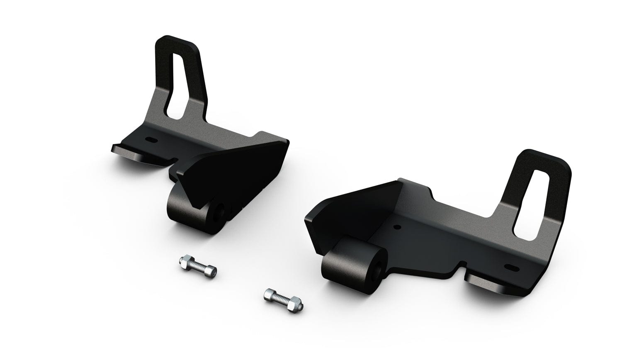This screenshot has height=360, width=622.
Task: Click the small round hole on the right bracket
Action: (397, 227)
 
